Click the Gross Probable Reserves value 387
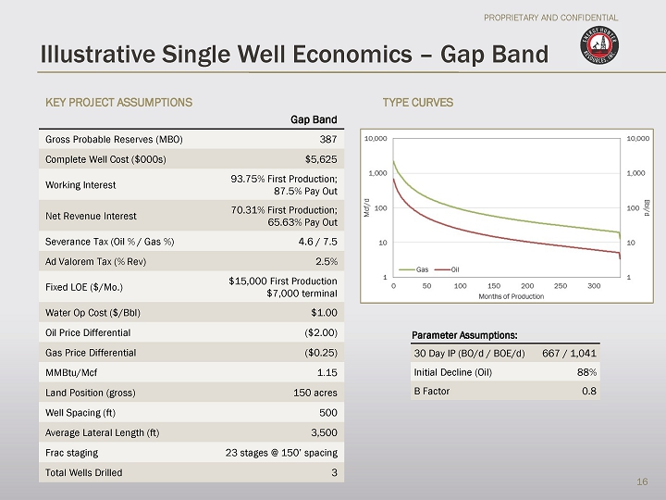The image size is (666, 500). (x=327, y=139)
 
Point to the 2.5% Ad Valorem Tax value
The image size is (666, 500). (x=327, y=260)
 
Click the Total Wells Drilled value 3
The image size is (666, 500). (x=334, y=472)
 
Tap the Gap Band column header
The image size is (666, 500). (x=314, y=119)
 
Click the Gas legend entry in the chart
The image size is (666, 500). (x=417, y=269)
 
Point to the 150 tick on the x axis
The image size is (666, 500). (x=494, y=286)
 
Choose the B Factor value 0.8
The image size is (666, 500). (x=589, y=391)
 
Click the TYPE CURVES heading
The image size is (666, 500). (x=418, y=101)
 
